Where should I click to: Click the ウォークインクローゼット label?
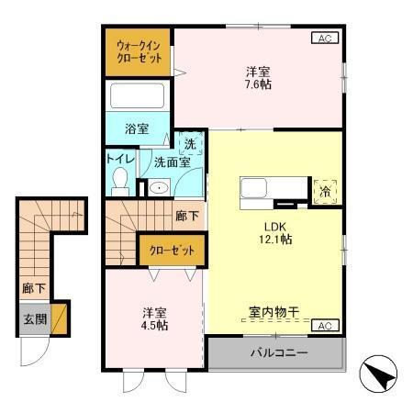[139, 50]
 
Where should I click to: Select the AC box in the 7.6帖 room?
[324, 39]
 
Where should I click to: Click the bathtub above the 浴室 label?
[136, 97]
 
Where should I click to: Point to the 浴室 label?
[136, 129]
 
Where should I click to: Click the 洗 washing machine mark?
[189, 143]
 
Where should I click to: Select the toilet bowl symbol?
[119, 182]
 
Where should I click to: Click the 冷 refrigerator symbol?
[325, 191]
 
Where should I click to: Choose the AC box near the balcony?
[324, 326]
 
